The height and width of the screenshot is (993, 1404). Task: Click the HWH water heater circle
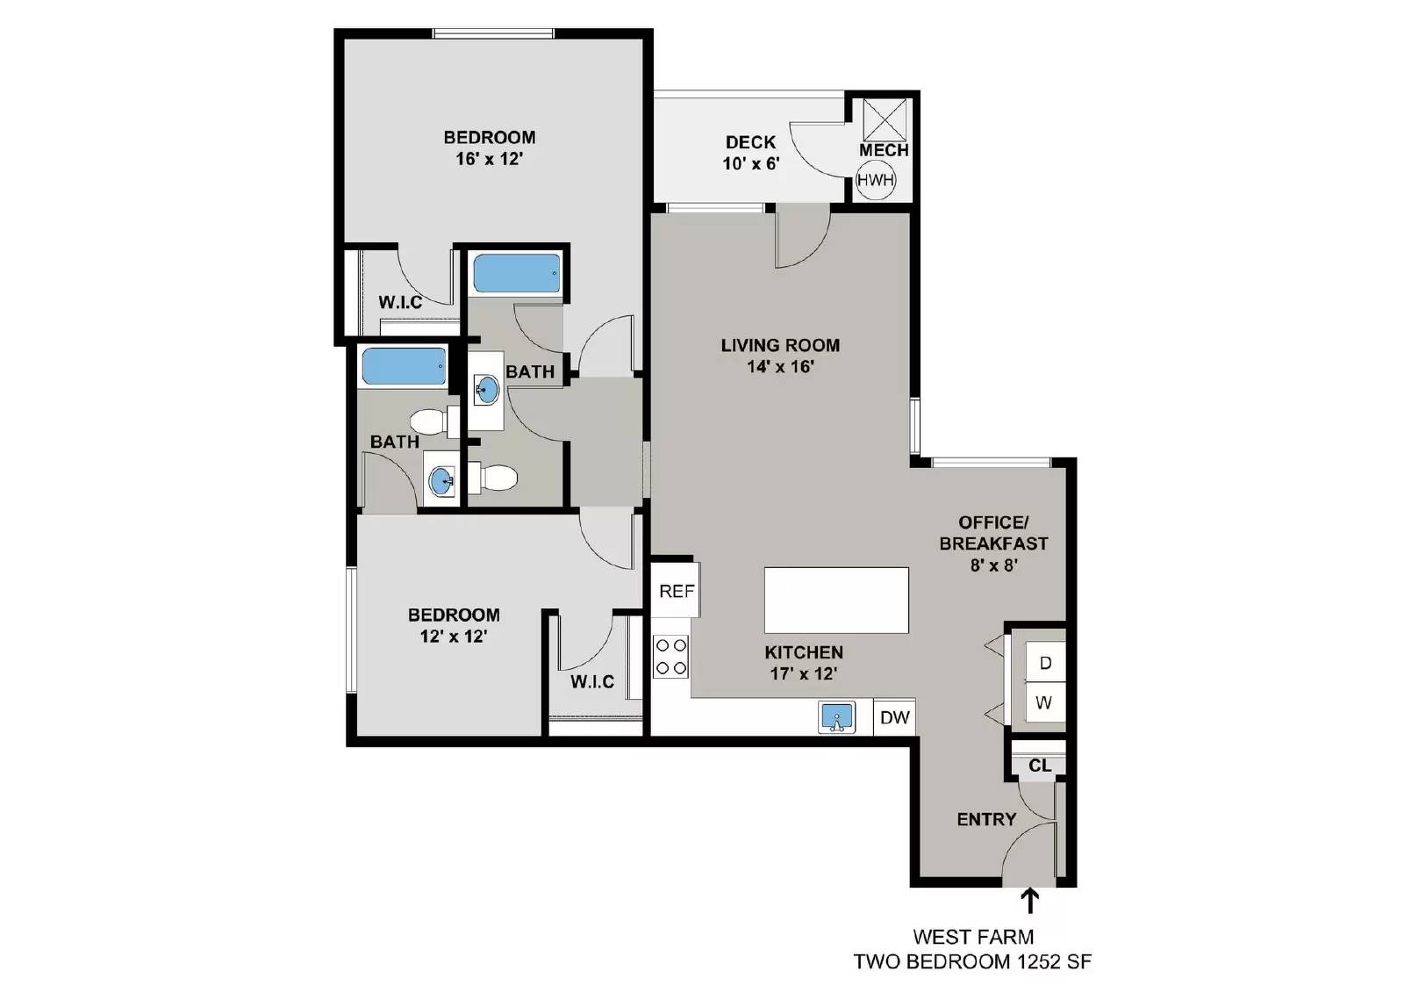[x=875, y=181]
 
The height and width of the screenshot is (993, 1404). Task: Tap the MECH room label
[x=883, y=150]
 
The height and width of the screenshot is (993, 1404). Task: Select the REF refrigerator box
[x=677, y=591]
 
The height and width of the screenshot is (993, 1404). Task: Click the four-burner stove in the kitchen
[x=671, y=657]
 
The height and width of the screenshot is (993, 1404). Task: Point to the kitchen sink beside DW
[x=837, y=717]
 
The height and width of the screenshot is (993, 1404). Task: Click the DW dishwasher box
[x=895, y=717]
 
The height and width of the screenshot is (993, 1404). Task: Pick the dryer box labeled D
[x=1044, y=663]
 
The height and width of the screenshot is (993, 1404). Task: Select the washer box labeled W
[x=1043, y=702]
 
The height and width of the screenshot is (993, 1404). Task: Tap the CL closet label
[x=1040, y=766]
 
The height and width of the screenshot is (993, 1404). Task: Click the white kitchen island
[x=836, y=600]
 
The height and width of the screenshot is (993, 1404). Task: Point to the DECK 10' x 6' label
[x=751, y=153]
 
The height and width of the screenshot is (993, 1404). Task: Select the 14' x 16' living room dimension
[x=781, y=367]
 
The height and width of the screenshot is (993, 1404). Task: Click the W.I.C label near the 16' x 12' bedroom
[x=400, y=302]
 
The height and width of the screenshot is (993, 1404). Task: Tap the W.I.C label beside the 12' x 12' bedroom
[x=592, y=681]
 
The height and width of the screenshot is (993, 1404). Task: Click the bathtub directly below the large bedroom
[x=516, y=274]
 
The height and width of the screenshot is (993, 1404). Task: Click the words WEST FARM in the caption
[x=973, y=937]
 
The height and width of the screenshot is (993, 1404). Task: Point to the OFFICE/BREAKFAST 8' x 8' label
[x=993, y=543]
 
